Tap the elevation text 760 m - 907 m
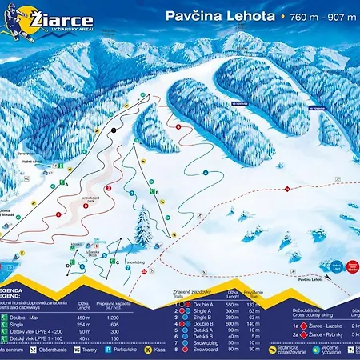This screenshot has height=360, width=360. click(x=321, y=16)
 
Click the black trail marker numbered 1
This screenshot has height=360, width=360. click(x=114, y=130)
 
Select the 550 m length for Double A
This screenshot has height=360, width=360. click(x=232, y=305)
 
